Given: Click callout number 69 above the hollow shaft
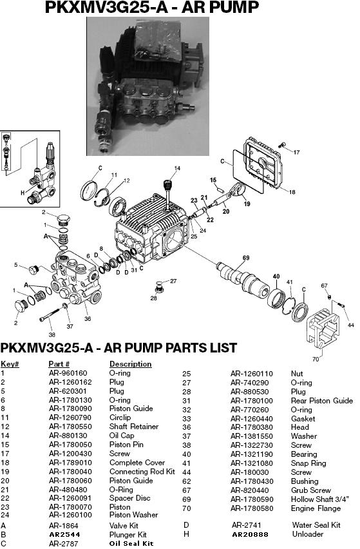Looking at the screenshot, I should [x=245, y=258].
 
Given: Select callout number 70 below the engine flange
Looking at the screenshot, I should [x=316, y=359].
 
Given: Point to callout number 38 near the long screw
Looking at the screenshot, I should [x=52, y=334].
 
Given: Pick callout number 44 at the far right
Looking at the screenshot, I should [x=350, y=325].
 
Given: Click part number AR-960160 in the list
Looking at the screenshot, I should [x=68, y=373].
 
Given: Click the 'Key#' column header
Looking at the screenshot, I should [x=10, y=364].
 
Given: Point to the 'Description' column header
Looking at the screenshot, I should [x=130, y=364].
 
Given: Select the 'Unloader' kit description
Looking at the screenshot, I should [x=308, y=534].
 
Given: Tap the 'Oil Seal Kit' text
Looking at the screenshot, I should [x=131, y=543].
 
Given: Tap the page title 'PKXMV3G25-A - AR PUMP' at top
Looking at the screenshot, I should [x=152, y=8].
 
